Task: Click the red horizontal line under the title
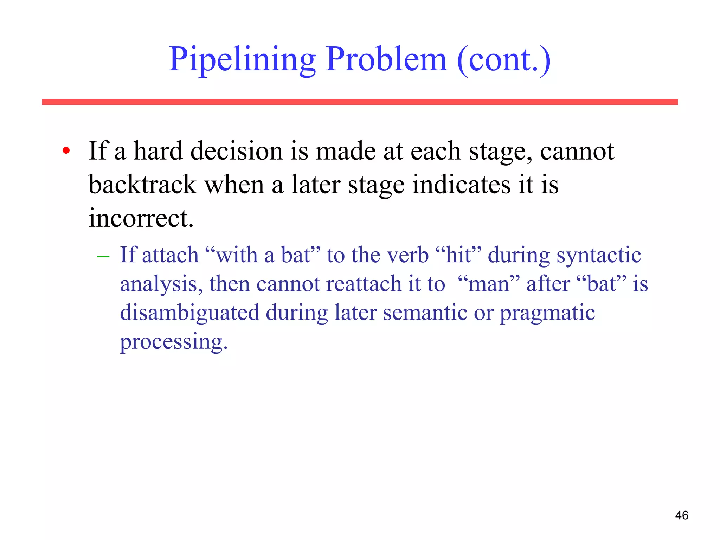tap(360, 102)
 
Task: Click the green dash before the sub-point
tap(103, 257)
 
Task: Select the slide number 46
tap(681, 515)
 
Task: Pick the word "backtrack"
tap(142, 185)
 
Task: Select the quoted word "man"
tap(489, 284)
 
